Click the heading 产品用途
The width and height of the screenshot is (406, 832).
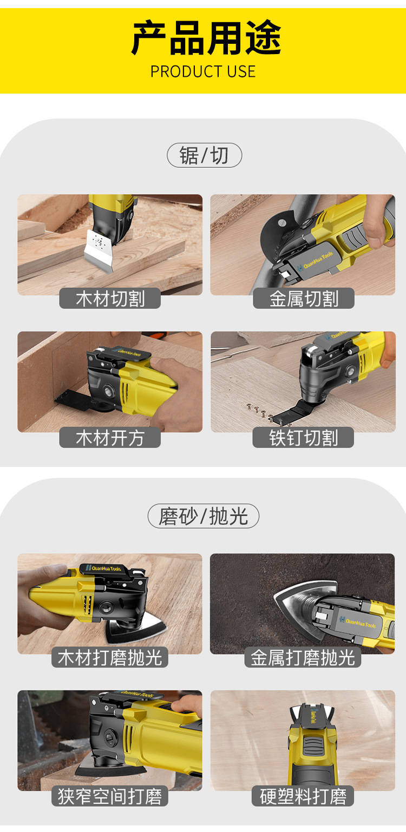coord(206,38)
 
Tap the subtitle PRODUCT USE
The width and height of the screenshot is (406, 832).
coord(203,71)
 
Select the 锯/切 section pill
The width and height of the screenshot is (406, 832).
coord(204,155)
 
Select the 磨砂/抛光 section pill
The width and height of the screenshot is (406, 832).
coord(204,516)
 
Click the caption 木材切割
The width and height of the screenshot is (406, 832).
coord(110,298)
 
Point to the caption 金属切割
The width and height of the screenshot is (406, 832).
coord(304,298)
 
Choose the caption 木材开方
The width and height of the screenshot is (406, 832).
coord(110,438)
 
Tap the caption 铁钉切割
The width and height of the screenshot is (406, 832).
coord(303,438)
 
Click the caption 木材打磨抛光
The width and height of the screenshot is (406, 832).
coord(110,657)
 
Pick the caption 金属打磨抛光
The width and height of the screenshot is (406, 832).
coord(303,657)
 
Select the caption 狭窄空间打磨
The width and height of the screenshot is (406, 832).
coord(110,796)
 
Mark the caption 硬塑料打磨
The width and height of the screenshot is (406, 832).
coord(303,796)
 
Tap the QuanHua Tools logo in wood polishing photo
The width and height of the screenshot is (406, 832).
coord(104,568)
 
